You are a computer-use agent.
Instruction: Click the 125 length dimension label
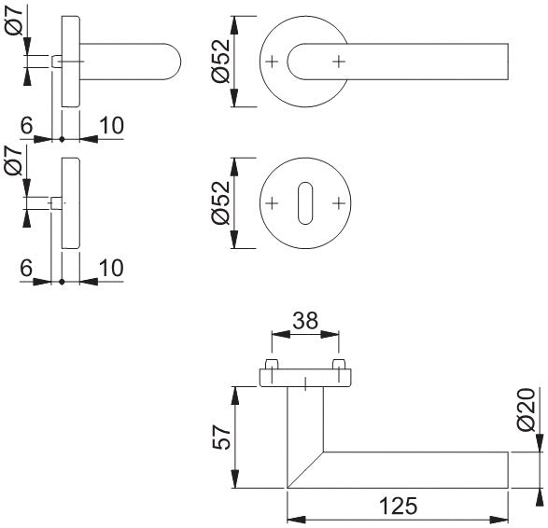398,506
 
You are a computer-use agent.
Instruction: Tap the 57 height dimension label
222,437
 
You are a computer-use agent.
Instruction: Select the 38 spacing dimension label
305,321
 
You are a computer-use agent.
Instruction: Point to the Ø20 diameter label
527,410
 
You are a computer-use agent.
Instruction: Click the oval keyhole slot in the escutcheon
305,202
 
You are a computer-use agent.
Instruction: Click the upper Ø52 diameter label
221,62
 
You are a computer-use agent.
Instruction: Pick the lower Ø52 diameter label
221,202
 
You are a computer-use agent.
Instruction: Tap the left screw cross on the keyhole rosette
272,203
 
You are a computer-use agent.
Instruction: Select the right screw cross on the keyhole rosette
339,203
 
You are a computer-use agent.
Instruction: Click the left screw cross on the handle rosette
272,62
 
